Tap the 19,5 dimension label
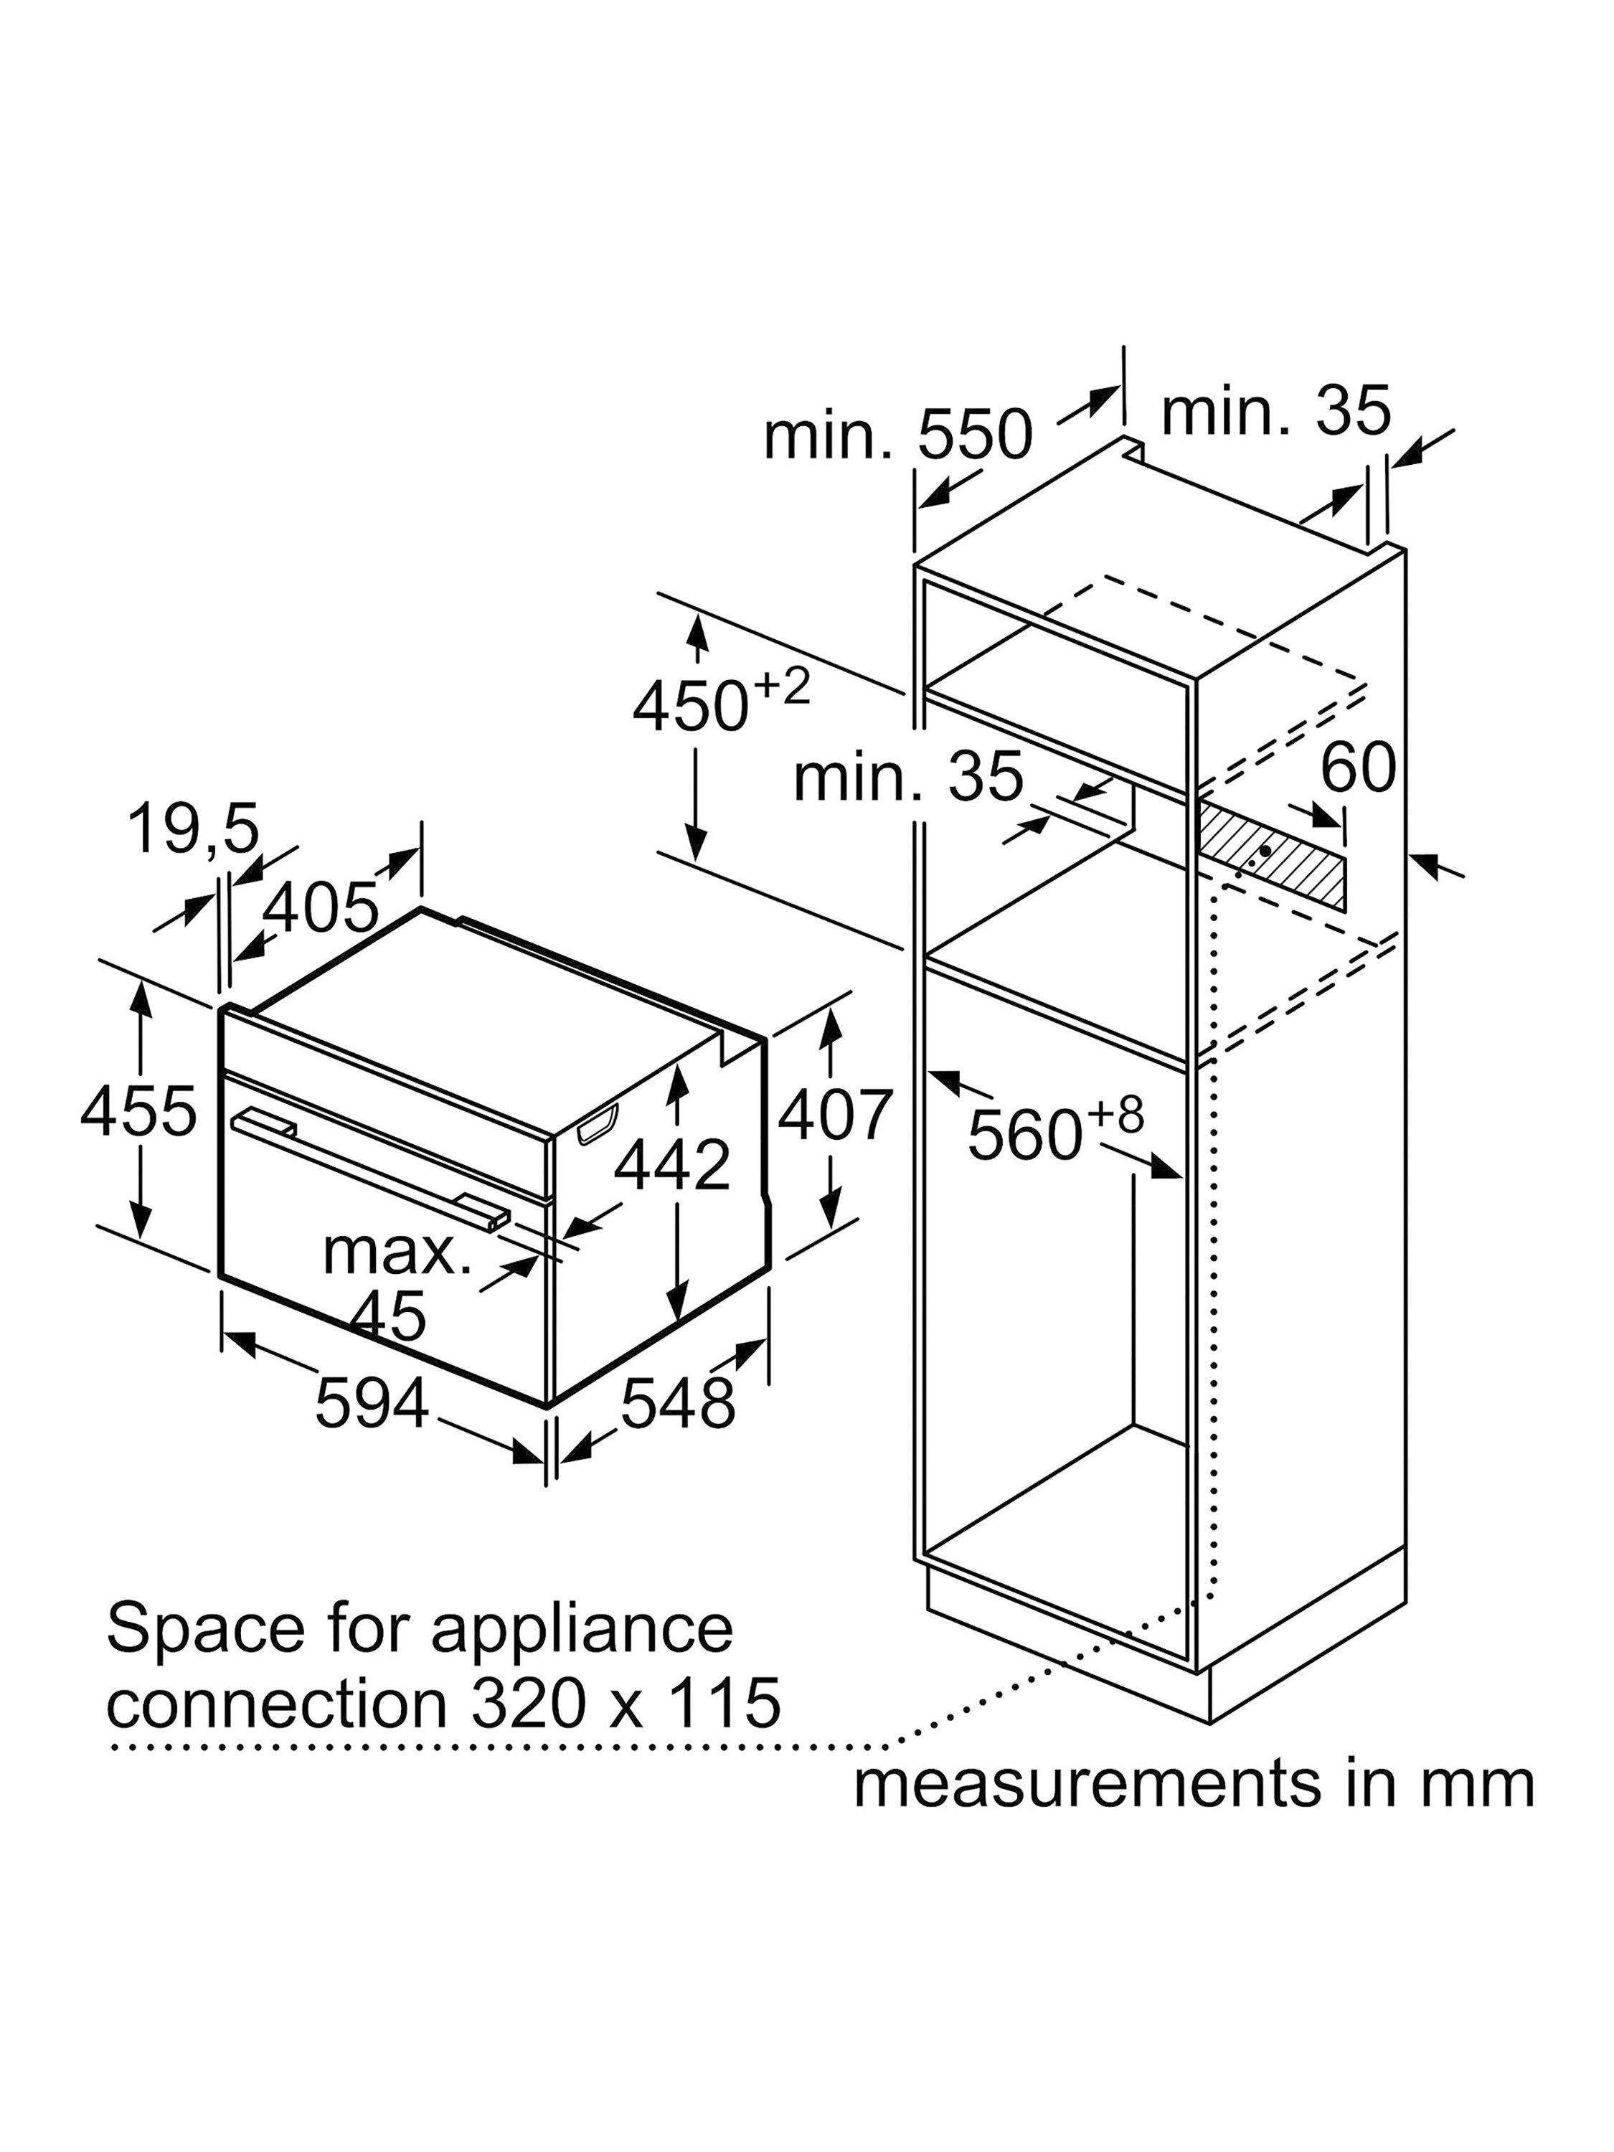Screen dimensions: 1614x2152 (194, 829)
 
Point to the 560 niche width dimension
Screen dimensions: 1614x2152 (1054, 1128)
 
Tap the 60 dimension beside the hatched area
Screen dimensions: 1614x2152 (1358, 767)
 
